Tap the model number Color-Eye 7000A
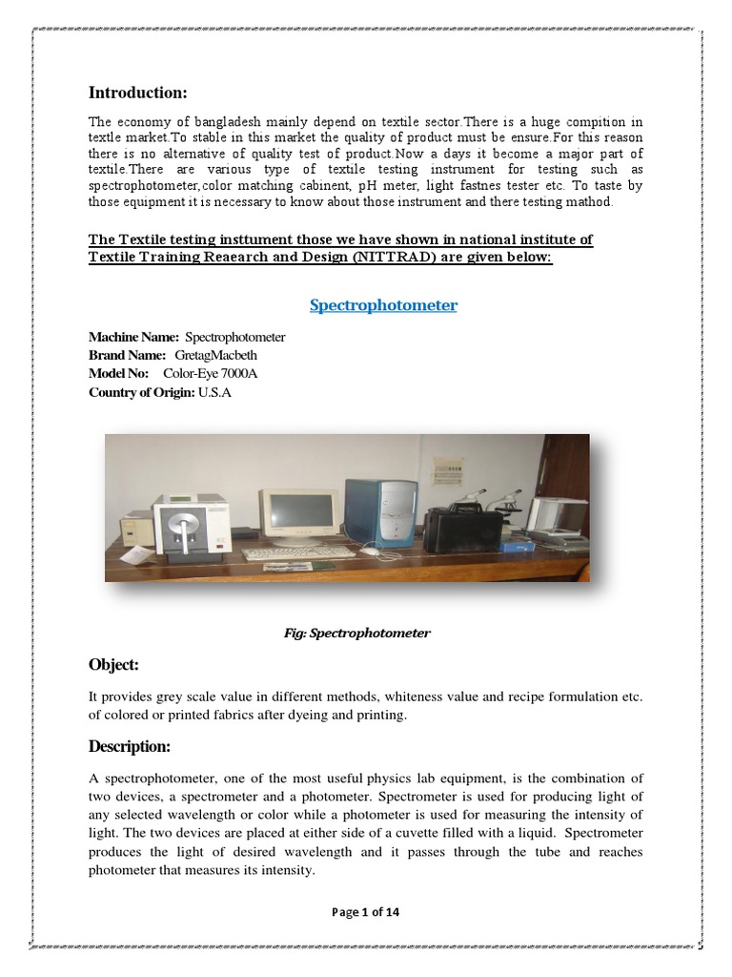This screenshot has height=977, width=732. coord(210,373)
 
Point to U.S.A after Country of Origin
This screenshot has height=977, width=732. coord(215,391)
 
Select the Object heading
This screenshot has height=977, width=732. coord(114,663)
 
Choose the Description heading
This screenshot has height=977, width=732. coord(129,745)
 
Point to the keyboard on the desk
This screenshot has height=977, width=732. coord(285,553)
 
